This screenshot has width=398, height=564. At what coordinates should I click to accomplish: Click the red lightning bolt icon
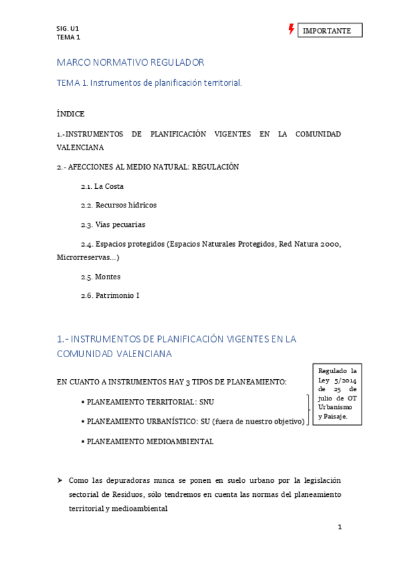(x=291, y=29)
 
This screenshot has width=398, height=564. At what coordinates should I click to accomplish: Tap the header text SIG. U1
(x=68, y=29)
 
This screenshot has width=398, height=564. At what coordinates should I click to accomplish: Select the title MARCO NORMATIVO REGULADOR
(x=130, y=63)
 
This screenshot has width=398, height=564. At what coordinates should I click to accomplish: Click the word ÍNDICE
(x=70, y=114)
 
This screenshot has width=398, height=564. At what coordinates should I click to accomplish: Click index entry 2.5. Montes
(x=101, y=276)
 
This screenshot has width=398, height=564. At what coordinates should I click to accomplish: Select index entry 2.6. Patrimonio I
(x=110, y=295)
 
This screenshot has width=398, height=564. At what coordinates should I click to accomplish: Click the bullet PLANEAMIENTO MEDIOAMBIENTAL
(x=149, y=441)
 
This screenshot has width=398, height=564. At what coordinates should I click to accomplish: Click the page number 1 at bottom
(x=340, y=527)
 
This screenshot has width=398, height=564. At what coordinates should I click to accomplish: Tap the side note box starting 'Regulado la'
(x=337, y=394)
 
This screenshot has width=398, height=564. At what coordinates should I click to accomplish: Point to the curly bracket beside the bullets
(x=308, y=410)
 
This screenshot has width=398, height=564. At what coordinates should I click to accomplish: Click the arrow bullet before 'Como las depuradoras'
(x=60, y=480)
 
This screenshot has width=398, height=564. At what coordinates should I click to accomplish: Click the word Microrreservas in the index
(x=84, y=257)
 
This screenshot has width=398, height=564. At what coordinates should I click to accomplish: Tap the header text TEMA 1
(x=68, y=37)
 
